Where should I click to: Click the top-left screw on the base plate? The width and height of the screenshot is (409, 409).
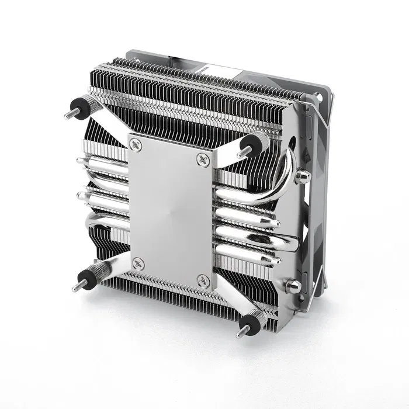[x=137, y=143]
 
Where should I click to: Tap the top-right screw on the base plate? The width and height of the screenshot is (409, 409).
[x=203, y=158]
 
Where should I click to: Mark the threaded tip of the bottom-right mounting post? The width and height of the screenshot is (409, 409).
[x=239, y=334]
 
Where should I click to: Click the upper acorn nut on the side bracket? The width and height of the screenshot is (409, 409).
[x=302, y=176]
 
